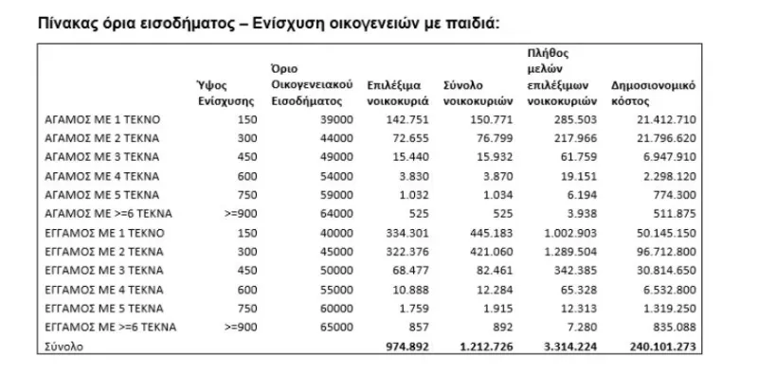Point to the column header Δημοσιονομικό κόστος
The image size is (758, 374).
click(654, 91)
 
